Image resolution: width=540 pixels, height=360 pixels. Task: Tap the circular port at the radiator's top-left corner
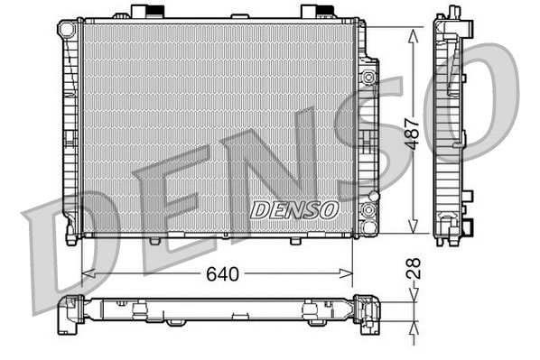pyautogui.click(x=67, y=29)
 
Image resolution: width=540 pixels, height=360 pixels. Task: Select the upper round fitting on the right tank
pyautogui.click(x=368, y=76)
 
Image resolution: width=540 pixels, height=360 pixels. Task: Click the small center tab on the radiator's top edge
pyautogui.click(x=238, y=16)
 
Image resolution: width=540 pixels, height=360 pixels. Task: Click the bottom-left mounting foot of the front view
pyautogui.click(x=71, y=236)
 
